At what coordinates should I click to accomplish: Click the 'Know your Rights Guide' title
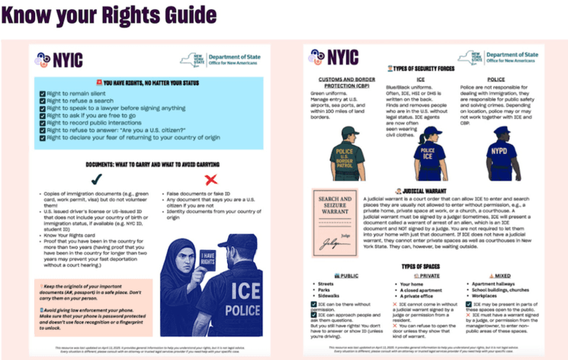(x=110, y=16)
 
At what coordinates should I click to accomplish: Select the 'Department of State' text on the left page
(x=232, y=55)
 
